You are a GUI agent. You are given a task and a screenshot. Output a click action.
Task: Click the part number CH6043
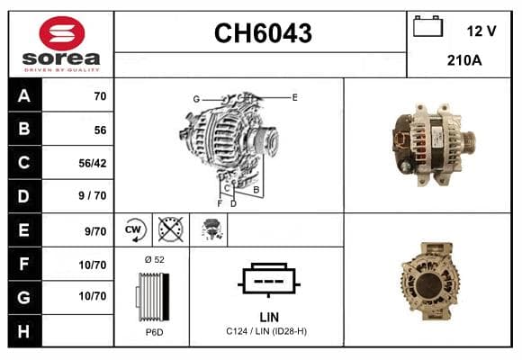[x=263, y=33]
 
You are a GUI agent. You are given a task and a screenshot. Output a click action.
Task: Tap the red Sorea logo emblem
[x=62, y=33]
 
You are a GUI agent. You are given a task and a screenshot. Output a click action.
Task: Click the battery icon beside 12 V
[x=427, y=26]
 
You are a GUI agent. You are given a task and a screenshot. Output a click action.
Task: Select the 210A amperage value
[x=464, y=60]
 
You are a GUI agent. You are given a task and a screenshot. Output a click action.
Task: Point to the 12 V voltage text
[x=481, y=31]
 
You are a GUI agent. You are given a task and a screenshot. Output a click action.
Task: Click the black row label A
[x=24, y=96]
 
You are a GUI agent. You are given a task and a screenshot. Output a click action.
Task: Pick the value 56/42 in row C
[x=93, y=163]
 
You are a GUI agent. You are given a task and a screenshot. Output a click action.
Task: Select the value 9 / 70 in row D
[x=93, y=195]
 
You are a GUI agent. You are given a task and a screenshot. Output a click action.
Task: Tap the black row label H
[x=24, y=331]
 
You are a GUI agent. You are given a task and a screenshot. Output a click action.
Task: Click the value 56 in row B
[x=100, y=130]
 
